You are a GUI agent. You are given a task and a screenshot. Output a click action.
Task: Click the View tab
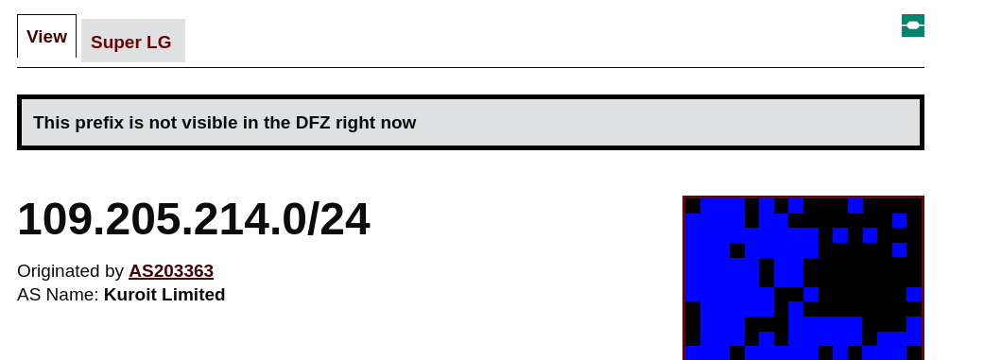pyautogui.click(x=46, y=36)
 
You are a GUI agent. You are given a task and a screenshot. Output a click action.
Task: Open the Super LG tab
pyautogui.click(x=133, y=41)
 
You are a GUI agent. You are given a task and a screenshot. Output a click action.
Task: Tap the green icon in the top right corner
pyautogui.click(x=913, y=26)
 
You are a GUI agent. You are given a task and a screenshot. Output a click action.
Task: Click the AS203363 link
pyautogui.click(x=171, y=271)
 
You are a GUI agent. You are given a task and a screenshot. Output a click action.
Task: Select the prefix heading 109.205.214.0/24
pyautogui.click(x=193, y=220)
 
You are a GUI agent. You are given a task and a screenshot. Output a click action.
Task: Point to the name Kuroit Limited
pyautogui.click(x=164, y=295)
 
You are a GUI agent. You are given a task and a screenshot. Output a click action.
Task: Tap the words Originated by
pyautogui.click(x=70, y=271)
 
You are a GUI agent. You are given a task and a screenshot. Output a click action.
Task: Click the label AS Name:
pyautogui.click(x=58, y=295)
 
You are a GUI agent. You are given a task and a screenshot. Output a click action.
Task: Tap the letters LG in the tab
pyautogui.click(x=160, y=42)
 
